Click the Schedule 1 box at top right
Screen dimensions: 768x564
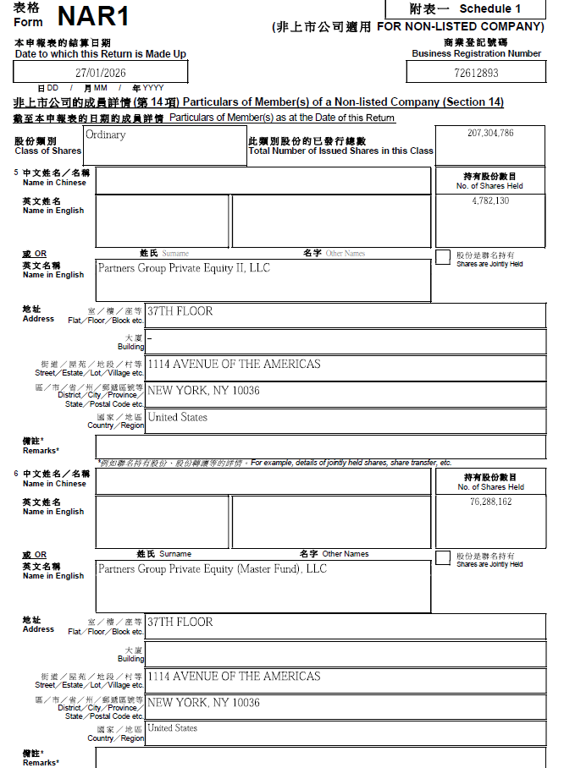464,9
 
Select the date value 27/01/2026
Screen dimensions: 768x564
100,74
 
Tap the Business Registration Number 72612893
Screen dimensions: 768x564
477,74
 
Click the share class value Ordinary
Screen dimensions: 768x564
105,135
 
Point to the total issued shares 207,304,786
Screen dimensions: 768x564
490,134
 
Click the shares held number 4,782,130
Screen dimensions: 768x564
490,201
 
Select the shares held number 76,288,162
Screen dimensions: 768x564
490,502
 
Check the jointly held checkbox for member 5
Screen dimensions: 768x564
443,258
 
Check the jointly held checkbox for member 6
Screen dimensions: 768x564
443,558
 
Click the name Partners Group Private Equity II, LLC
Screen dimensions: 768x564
184,269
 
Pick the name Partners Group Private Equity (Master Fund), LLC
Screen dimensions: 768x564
212,569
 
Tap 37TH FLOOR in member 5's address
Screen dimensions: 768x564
180,311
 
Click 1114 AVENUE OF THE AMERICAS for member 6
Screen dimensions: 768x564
234,677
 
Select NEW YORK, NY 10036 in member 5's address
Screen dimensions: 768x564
203,392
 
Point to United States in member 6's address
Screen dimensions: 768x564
172,728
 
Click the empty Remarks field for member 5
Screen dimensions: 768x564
320,447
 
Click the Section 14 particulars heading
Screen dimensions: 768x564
258,102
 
